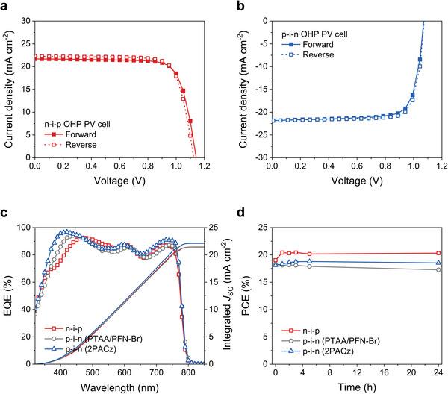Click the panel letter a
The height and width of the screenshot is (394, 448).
click(5, 7)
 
